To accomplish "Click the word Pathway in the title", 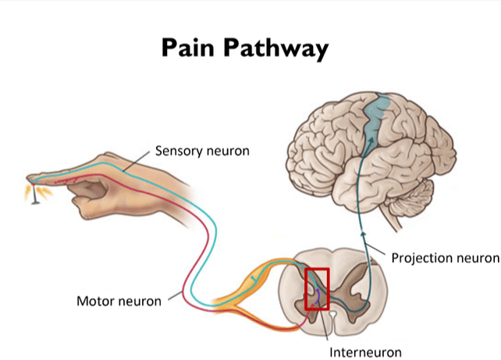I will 281,48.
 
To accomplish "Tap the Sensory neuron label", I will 202,151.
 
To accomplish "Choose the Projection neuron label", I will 445,257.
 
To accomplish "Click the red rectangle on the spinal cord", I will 318,288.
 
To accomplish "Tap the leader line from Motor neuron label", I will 174,296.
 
